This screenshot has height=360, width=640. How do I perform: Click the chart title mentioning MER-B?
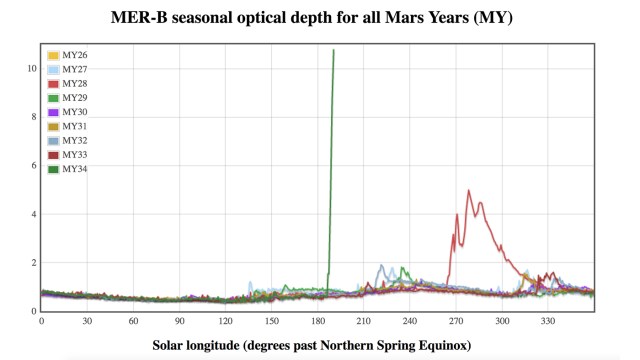tap(319, 18)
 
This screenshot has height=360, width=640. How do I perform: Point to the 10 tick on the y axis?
tap(31, 69)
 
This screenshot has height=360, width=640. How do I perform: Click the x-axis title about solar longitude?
tap(319, 345)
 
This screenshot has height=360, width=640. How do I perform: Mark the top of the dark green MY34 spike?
tap(333, 50)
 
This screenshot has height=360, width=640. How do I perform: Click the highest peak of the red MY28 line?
tap(469, 190)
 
